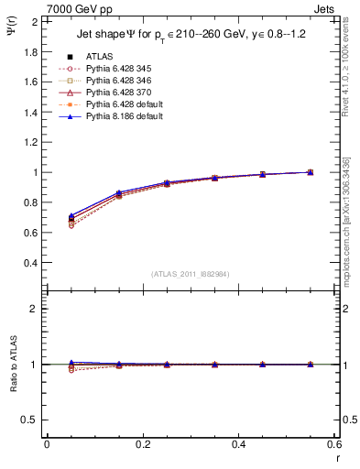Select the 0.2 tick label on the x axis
[143, 444]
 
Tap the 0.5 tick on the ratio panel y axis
[29, 420]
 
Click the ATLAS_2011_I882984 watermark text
[191, 274]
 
